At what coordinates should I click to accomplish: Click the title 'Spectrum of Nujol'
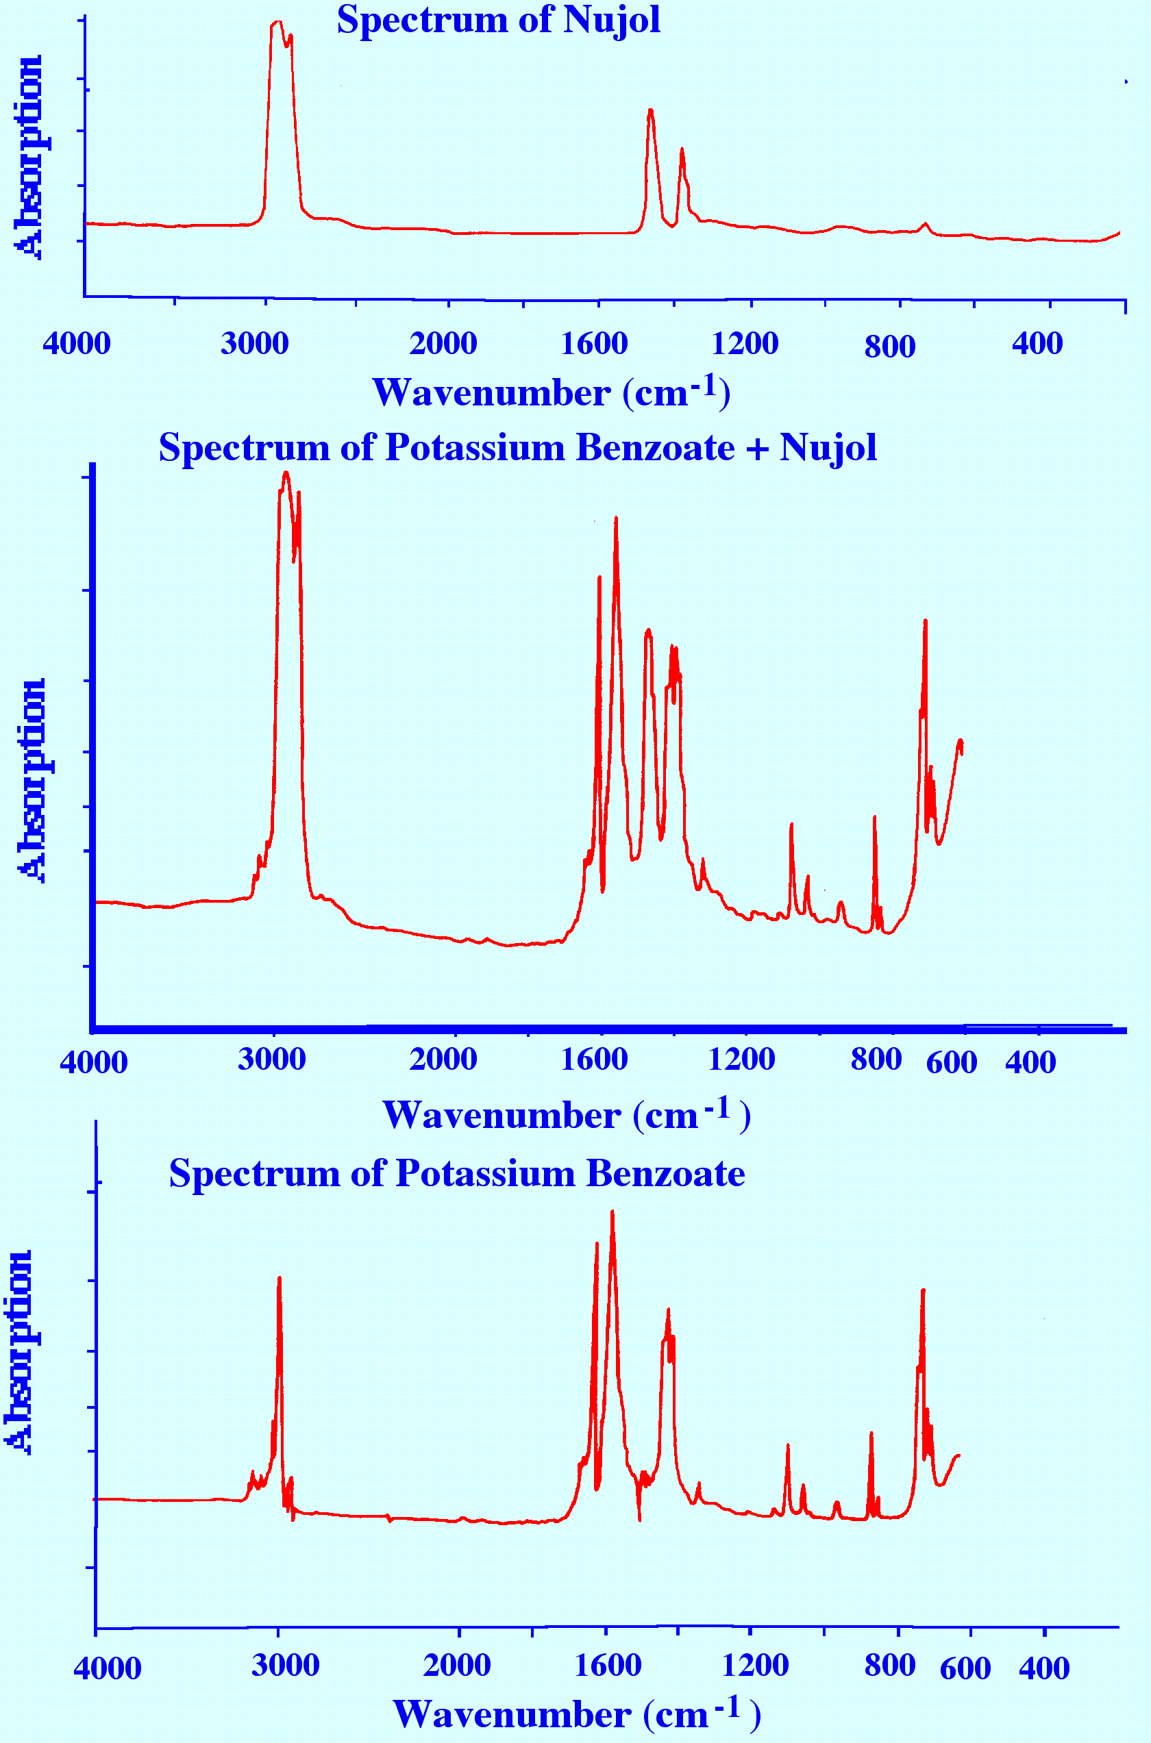click(x=499, y=20)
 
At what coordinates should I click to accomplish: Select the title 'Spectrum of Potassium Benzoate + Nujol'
click(x=517, y=447)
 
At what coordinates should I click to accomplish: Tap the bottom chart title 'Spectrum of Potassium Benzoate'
click(x=456, y=1173)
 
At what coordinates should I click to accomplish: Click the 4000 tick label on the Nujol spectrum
click(x=76, y=343)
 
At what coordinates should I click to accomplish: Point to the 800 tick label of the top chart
click(x=890, y=347)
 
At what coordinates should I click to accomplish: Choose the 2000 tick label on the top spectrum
click(x=443, y=343)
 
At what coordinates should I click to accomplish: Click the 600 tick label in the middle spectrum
click(x=952, y=1062)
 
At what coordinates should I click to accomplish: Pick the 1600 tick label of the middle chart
click(x=594, y=1059)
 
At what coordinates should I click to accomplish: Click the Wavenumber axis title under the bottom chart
click(x=576, y=1714)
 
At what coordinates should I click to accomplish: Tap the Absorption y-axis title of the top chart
click(x=29, y=157)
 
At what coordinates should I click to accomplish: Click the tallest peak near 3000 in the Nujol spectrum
click(x=277, y=22)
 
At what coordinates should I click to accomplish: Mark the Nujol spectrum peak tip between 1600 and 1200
click(x=650, y=110)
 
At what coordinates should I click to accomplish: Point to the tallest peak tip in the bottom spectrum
click(x=612, y=1212)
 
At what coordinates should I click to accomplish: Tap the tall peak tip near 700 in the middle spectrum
click(x=925, y=621)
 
